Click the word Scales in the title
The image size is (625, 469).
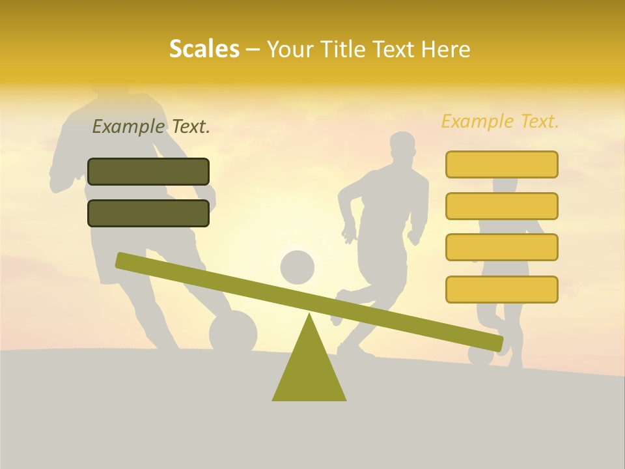coord(204,49)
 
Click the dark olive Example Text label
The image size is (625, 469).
coord(151,126)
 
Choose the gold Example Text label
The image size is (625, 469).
coord(500,121)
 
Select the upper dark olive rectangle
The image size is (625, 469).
coord(148,171)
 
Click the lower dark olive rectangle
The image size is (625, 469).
coord(148,213)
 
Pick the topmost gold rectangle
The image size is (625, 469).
coord(501,164)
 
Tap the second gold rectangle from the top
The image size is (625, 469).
coord(501,206)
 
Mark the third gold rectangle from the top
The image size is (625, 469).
coord(501,248)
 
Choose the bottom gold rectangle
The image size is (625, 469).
coord(501,289)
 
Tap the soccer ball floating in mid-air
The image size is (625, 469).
coord(298,267)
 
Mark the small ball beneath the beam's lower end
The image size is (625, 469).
coord(480,356)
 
